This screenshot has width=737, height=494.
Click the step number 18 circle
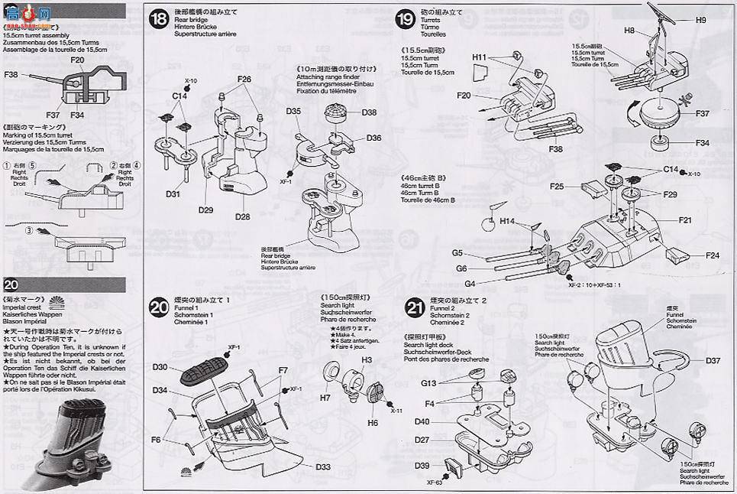(x=158, y=18)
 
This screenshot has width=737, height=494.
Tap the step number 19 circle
(x=406, y=18)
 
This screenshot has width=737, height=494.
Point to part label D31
(x=173, y=194)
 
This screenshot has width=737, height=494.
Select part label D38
(x=370, y=112)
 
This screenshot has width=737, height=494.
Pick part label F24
(x=712, y=255)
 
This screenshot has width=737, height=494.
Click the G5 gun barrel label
(x=457, y=253)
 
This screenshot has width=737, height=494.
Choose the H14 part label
(x=508, y=221)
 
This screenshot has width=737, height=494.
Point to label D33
(x=323, y=466)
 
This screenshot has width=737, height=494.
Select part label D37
(x=713, y=360)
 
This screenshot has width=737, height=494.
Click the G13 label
(x=428, y=382)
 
